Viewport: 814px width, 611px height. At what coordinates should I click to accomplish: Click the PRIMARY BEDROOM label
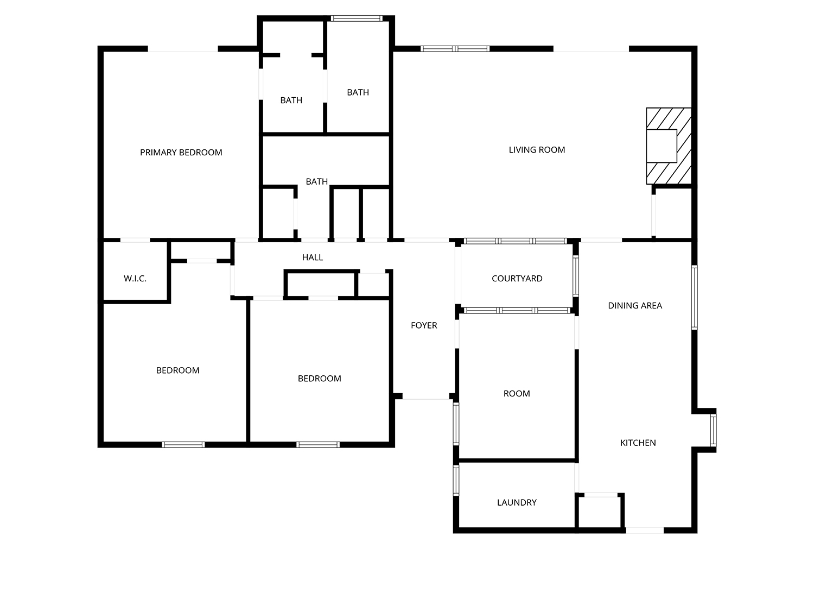tap(181, 153)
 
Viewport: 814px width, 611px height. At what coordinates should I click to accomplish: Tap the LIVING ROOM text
tap(537, 150)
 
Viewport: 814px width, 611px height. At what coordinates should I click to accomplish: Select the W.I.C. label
tap(135, 279)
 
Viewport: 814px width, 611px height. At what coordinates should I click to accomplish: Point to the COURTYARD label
tap(517, 279)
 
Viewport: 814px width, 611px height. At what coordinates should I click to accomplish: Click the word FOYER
tap(424, 325)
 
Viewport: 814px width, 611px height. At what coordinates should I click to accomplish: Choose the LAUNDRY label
tap(517, 502)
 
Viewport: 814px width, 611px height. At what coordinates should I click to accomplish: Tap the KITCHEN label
tap(638, 443)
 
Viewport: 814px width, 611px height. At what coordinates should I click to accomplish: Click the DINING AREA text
tap(635, 306)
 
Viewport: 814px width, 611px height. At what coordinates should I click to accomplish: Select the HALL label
tap(312, 257)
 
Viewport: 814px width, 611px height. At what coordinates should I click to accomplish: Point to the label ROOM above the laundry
tap(517, 394)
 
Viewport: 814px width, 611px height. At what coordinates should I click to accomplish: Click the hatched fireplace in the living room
tap(669, 146)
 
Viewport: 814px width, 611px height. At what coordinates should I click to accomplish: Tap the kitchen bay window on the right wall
tap(713, 430)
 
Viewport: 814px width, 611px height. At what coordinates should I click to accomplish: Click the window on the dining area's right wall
tap(694, 297)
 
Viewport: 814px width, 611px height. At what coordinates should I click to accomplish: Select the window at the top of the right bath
tap(357, 18)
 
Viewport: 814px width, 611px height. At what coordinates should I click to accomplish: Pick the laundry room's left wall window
tap(456, 481)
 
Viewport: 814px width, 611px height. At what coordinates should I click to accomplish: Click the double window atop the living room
tap(455, 48)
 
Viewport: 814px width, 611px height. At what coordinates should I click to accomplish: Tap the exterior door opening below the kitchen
tap(645, 531)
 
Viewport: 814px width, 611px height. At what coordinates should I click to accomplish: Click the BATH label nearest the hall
tap(317, 181)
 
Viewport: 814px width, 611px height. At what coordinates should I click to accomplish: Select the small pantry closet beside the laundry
tap(600, 512)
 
